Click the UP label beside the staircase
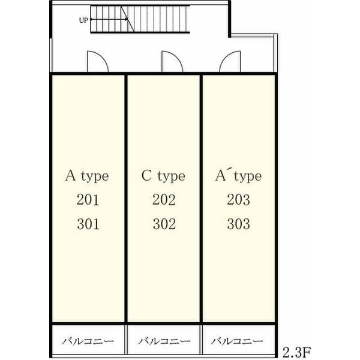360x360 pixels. [83, 20]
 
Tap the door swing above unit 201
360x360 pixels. [98, 61]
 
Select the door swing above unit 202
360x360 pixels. [172, 61]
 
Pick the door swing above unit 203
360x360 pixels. [230, 61]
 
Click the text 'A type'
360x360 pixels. [87, 176]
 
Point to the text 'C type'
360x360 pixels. [163, 176]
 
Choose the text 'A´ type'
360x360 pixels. [238, 176]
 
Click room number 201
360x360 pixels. [88, 200]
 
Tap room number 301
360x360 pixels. [88, 224]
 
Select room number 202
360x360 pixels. [164, 200]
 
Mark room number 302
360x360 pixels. [164, 224]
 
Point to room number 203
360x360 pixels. [239, 200]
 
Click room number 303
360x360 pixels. [239, 224]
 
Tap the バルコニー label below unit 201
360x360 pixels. [88, 341]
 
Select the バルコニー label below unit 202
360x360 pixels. [164, 341]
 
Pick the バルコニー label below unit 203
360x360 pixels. [237, 341]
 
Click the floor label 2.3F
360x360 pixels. [296, 352]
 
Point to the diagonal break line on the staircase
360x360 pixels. [128, 19]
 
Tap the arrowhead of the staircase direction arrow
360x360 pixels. [126, 20]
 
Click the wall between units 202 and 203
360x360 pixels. [201, 199]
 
